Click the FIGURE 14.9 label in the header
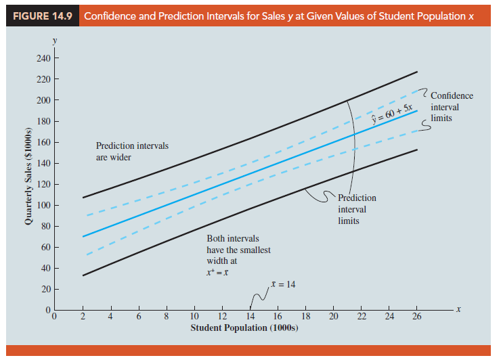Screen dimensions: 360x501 42,15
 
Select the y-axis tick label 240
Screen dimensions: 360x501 43,58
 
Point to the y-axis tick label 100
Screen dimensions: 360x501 43,205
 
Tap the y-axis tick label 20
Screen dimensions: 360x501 45,290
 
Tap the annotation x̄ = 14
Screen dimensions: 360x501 282,284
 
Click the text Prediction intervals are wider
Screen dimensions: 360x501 132,151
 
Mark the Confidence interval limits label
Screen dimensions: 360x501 452,106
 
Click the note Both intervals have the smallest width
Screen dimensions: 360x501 238,250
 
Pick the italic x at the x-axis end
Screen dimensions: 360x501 458,309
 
